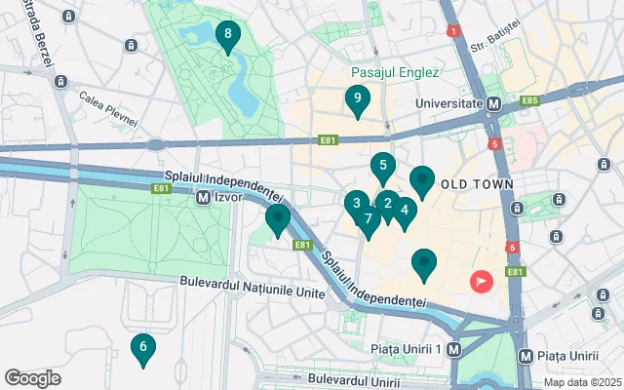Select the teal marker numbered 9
pos(358,99)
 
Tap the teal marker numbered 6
pos(142,348)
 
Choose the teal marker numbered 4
pos(405,210)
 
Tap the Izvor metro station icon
pos(203,197)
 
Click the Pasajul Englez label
pos(396,72)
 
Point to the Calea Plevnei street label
pos(108,108)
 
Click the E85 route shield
pos(530,100)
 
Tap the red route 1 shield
pos(453,31)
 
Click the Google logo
pos(32,377)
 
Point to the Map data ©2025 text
pos(581,382)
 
